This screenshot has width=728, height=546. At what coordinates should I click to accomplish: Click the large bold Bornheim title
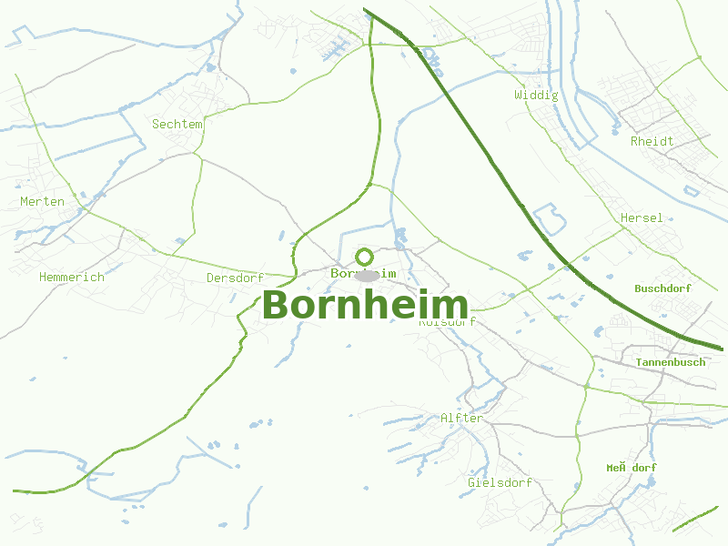click(x=365, y=306)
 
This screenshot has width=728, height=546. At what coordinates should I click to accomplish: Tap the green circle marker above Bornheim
click(x=365, y=257)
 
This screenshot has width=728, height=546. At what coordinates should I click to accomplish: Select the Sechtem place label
click(x=177, y=124)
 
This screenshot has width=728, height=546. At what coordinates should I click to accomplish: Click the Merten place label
click(x=42, y=201)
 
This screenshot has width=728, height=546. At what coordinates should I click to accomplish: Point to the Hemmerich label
click(x=72, y=277)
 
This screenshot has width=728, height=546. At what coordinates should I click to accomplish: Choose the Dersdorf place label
click(x=235, y=278)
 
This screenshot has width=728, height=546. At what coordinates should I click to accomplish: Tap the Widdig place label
click(x=536, y=95)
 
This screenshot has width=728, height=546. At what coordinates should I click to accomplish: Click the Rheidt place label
click(x=652, y=141)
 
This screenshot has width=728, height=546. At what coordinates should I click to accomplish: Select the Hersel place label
click(x=642, y=218)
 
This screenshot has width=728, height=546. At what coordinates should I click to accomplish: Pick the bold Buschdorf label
click(x=662, y=288)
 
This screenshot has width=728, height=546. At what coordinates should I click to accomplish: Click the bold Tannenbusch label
click(x=670, y=362)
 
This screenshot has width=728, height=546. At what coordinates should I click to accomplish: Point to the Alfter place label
click(x=461, y=419)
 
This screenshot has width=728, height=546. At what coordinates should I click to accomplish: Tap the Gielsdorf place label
click(x=500, y=482)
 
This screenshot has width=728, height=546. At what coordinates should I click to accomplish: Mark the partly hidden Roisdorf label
click(x=448, y=322)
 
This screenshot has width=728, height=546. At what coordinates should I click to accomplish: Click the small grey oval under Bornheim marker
click(x=367, y=276)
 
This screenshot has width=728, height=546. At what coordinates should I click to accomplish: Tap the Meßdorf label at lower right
click(x=632, y=468)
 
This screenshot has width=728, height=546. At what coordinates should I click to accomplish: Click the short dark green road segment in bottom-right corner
click(x=696, y=520)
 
